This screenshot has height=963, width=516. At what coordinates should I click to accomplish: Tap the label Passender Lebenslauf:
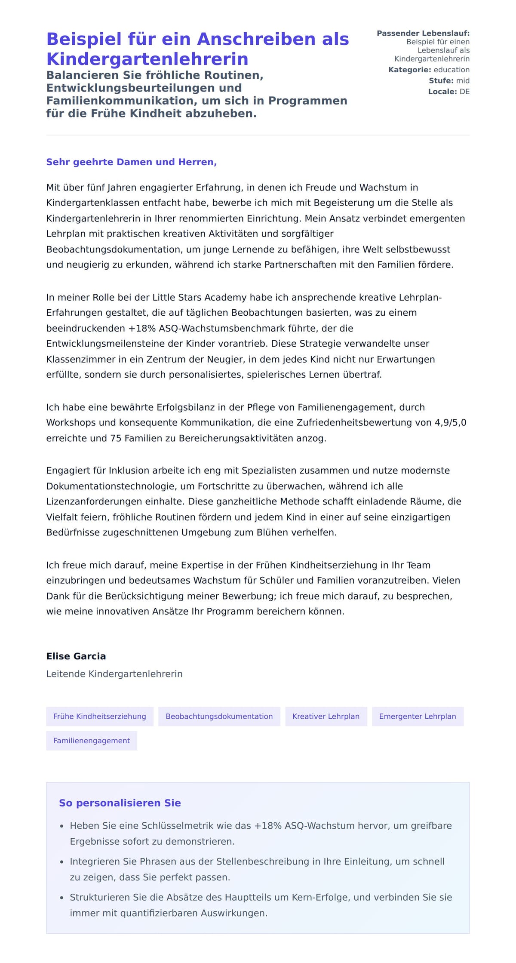[x=423, y=33]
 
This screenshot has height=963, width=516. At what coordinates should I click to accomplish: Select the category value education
[x=451, y=70]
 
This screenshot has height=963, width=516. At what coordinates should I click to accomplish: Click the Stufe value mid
[x=463, y=80]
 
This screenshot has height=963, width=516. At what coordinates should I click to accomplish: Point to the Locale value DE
[x=464, y=92]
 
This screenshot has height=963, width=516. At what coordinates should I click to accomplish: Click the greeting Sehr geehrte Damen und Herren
[x=131, y=162]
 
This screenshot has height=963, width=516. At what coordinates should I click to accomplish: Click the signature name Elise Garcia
[x=76, y=656]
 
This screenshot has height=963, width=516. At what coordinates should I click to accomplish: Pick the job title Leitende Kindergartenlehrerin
[x=114, y=674]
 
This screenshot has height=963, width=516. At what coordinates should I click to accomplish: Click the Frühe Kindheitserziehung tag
[x=100, y=716]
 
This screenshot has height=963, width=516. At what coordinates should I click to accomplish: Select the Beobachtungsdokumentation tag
[x=219, y=716]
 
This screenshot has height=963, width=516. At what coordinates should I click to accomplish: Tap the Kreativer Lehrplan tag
[x=326, y=716]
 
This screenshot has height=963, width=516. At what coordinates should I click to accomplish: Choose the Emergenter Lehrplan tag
[x=418, y=716]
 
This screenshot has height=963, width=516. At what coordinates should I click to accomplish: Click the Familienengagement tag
[x=92, y=741]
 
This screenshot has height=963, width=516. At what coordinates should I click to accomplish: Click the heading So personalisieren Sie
[x=120, y=803]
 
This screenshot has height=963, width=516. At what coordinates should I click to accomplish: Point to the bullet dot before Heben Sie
[x=62, y=826]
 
